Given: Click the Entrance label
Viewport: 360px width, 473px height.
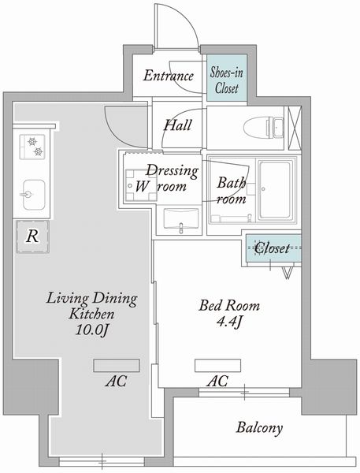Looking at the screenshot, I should (168, 76).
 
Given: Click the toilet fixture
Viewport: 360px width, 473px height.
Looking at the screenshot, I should (259, 127).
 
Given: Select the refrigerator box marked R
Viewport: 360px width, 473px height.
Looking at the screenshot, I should (32, 234).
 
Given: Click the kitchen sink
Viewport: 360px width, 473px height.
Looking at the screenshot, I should (32, 192).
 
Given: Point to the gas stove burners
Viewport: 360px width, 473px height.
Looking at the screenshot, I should (33, 147).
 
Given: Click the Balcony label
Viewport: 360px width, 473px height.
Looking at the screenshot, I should (259, 429).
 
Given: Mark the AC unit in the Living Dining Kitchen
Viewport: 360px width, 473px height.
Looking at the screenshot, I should (117, 365).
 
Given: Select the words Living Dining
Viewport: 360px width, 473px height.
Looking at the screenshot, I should (92, 299).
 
